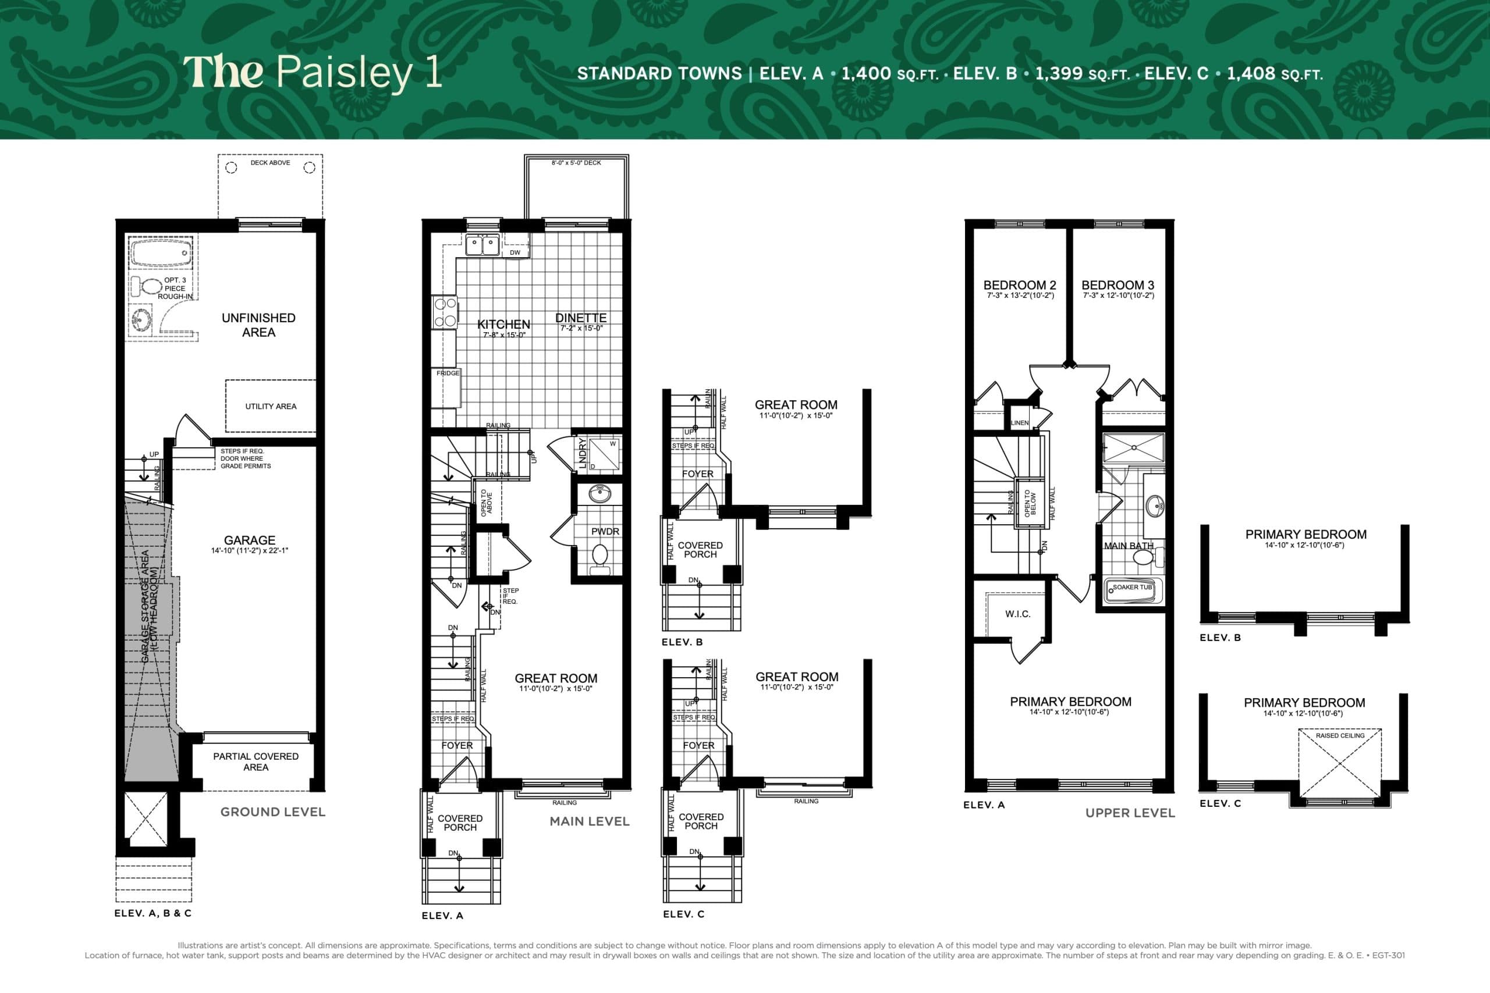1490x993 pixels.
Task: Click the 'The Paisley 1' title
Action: [312, 72]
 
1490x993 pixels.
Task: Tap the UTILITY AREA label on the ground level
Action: [271, 407]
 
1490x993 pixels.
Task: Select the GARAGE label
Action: [250, 540]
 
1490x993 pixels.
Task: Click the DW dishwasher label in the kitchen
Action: [515, 252]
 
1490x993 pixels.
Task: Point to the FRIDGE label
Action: [447, 373]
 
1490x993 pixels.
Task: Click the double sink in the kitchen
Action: [482, 244]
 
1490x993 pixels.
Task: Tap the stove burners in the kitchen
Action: [445, 312]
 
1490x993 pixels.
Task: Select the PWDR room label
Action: [604, 531]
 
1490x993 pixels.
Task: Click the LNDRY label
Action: [582, 453]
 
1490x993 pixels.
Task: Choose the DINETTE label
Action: [581, 318]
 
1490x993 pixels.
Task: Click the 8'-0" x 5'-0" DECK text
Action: [576, 163]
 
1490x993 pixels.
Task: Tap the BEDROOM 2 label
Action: [1020, 285]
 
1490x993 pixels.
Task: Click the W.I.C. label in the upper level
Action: [1017, 614]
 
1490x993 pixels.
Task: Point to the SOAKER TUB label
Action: [1133, 587]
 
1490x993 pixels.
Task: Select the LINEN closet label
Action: [1020, 423]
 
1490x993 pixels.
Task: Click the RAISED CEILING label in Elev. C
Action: [1340, 736]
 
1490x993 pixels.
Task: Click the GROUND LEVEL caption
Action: [272, 812]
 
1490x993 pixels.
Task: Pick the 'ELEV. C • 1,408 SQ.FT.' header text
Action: [1233, 74]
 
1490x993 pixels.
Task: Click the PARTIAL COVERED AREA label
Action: [256, 762]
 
